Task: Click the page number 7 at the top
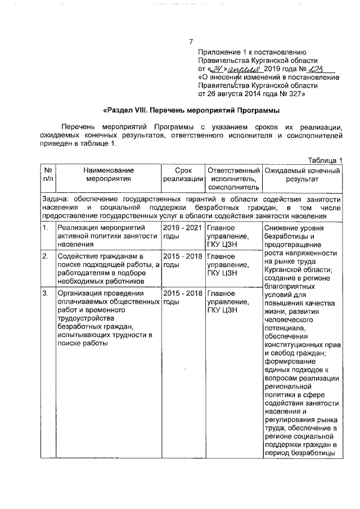point(191,42)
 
